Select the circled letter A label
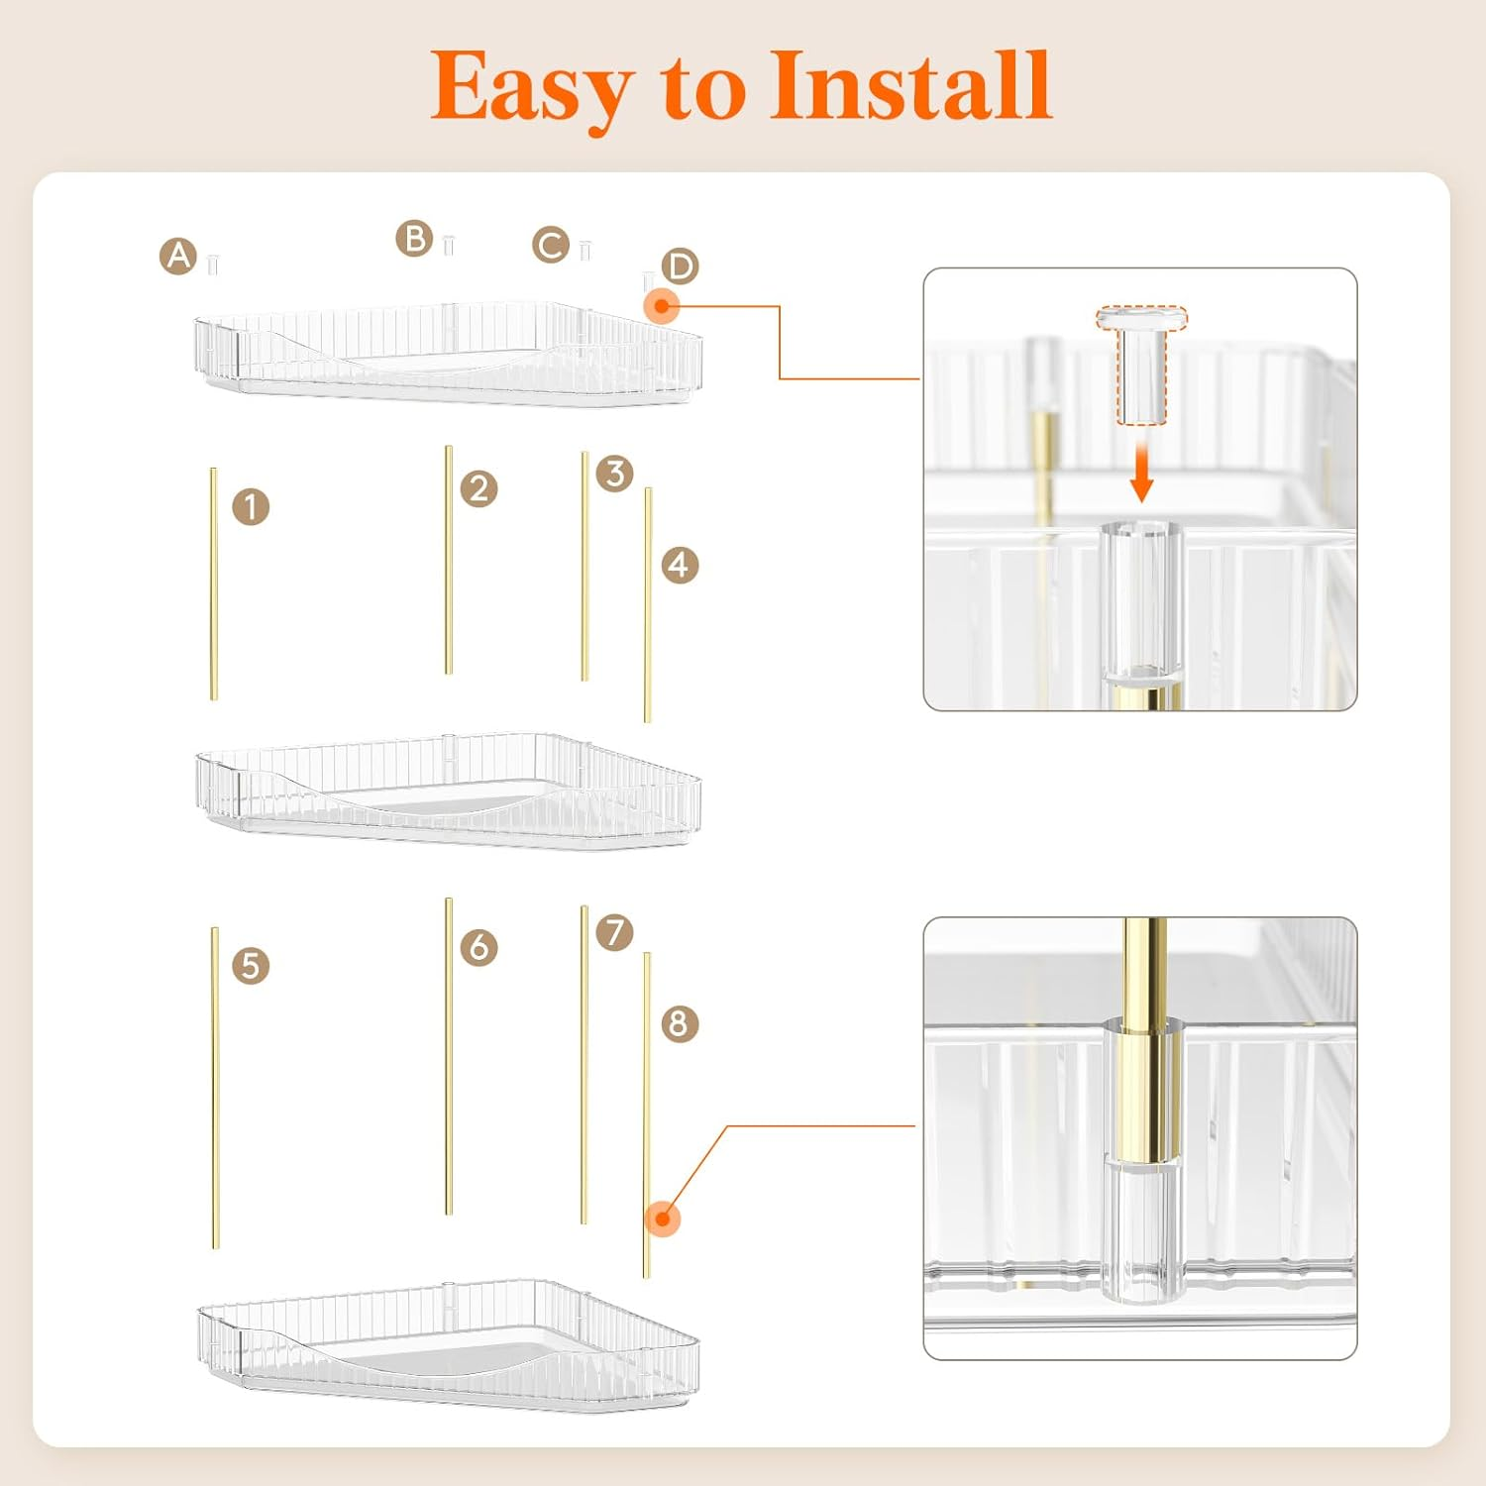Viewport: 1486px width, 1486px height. [x=178, y=257]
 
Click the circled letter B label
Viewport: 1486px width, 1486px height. [x=414, y=239]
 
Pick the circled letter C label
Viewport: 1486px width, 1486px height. [x=551, y=245]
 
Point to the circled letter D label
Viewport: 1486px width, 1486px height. [x=681, y=266]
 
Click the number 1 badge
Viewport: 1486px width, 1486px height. [x=251, y=506]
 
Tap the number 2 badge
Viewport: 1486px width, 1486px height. [x=479, y=488]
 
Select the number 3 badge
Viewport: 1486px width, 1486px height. [x=615, y=474]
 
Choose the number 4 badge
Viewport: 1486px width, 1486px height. [x=680, y=565]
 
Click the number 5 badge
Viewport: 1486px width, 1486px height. [x=251, y=966]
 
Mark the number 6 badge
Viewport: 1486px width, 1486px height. [x=479, y=947]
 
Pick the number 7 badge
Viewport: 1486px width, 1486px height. [x=615, y=932]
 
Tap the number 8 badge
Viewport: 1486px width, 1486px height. [x=680, y=1023]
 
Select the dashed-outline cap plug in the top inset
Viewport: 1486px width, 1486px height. [x=1141, y=365]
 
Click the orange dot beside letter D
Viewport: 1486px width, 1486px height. [x=662, y=306]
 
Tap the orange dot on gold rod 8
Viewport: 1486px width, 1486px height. [x=662, y=1219]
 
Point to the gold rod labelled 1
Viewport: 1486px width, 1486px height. [x=213, y=584]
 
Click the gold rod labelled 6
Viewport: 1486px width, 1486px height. [x=449, y=1056]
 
